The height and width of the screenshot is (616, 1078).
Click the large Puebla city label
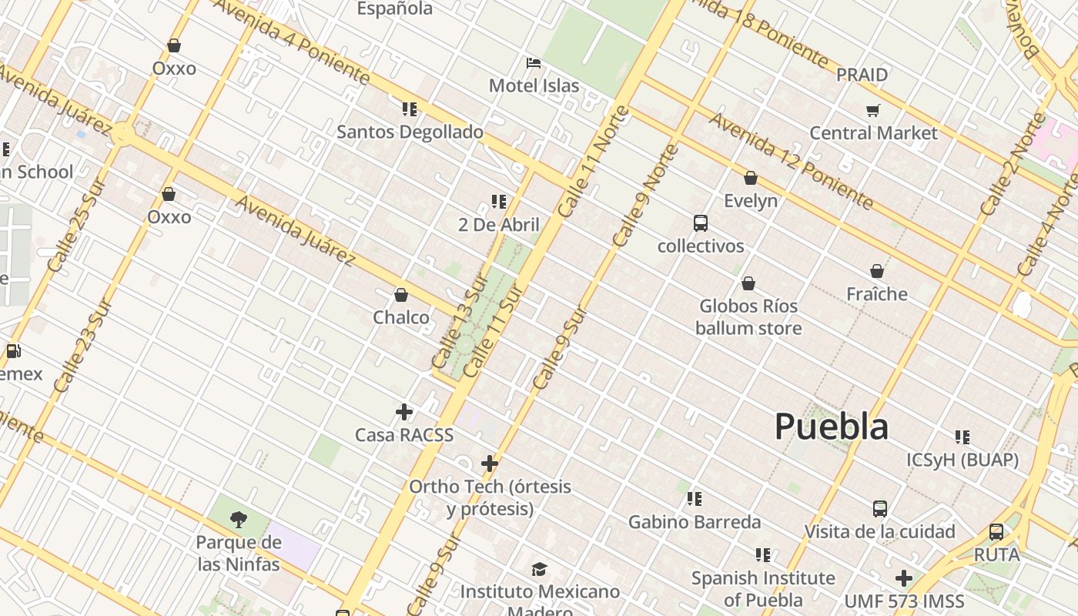831,426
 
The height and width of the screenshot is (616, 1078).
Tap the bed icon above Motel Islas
534,63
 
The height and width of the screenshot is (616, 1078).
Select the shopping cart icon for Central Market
872,110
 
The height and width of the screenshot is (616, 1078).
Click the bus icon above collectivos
700,223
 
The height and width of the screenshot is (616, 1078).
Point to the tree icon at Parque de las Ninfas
239,519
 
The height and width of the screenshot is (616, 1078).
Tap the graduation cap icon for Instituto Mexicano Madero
539,569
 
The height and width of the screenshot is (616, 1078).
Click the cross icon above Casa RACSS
403,412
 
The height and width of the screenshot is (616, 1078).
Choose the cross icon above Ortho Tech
490,464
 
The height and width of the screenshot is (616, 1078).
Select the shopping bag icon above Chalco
400,295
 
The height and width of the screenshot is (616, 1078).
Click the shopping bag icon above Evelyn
751,179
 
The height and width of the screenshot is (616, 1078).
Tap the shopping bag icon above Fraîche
876,271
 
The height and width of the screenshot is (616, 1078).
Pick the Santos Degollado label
410,132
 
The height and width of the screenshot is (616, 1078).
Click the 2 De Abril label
499,225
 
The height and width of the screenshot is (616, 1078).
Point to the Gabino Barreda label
695,522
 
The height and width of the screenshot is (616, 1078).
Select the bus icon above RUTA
996,532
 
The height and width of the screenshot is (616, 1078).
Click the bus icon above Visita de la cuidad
880,509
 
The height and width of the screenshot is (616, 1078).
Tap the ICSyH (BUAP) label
962,460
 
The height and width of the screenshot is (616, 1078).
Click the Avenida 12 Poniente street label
792,160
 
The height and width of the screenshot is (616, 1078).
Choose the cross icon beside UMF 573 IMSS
904,577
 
